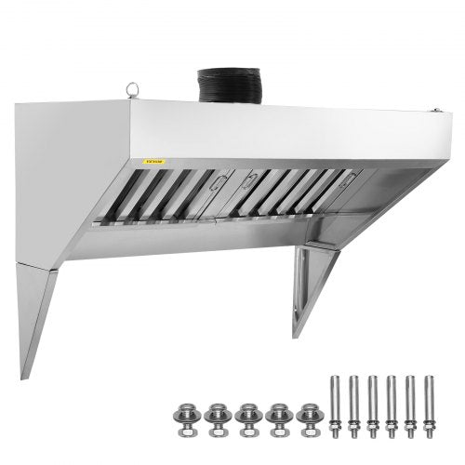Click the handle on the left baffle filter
coord(217,182)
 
